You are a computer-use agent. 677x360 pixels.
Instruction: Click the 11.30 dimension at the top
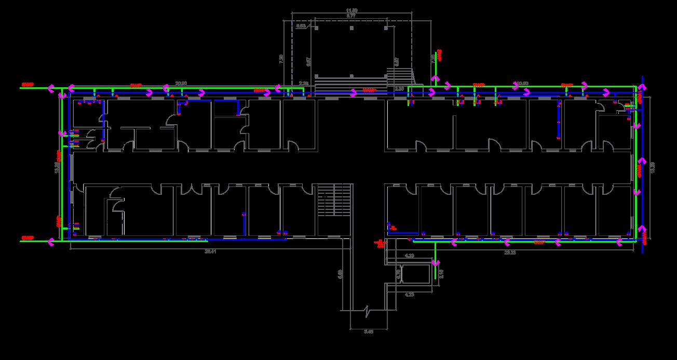pyautogui.click(x=351, y=10)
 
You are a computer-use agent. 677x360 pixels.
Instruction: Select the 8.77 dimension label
pyautogui.click(x=351, y=16)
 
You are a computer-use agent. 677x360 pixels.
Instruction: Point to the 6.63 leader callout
pyautogui.click(x=301, y=25)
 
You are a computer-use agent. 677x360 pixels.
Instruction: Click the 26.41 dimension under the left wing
pyautogui.click(x=210, y=251)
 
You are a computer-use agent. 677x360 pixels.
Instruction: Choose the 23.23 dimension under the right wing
pyautogui.click(x=510, y=252)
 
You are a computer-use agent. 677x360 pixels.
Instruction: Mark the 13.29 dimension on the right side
pyautogui.click(x=653, y=167)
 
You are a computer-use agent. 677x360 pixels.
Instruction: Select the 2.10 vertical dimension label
pyautogui.click(x=441, y=273)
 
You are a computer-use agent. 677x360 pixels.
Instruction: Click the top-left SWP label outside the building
pyautogui.click(x=27, y=84)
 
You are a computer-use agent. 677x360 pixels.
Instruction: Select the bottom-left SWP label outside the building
pyautogui.click(x=27, y=238)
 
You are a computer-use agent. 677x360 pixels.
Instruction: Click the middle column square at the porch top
pyautogui.click(x=352, y=28)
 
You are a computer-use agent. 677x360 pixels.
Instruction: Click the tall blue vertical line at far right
pyautogui.click(x=643, y=166)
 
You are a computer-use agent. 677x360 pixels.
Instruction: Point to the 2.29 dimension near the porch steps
pyautogui.click(x=304, y=83)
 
